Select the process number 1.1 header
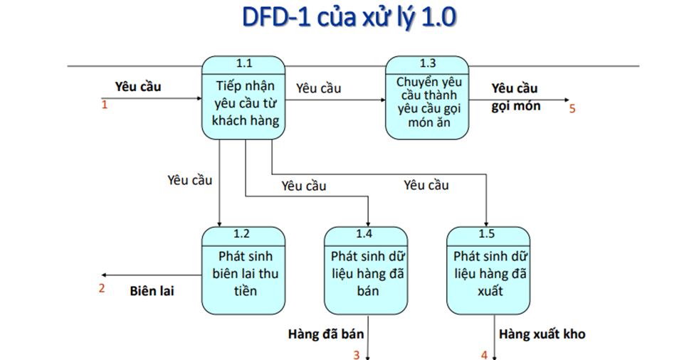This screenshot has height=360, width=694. click(x=243, y=63)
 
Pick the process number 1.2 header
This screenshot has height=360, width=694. click(x=243, y=233)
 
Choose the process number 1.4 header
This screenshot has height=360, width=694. click(x=365, y=233)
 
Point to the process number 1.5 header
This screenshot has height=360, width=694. click(x=488, y=233)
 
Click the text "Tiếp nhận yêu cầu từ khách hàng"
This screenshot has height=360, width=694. click(x=243, y=103)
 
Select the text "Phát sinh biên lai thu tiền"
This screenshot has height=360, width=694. click(x=243, y=273)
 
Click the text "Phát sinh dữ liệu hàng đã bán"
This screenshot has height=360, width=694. click(x=365, y=273)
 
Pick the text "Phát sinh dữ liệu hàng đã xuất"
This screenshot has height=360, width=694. click(x=488, y=273)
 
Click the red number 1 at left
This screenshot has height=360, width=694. click(x=104, y=105)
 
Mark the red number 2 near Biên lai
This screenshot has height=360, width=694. click(x=102, y=288)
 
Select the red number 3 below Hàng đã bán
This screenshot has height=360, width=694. click(x=357, y=354)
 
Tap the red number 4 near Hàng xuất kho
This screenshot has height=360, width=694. click(x=484, y=354)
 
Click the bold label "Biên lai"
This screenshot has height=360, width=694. click(x=152, y=290)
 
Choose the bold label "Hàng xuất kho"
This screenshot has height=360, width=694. click(x=542, y=334)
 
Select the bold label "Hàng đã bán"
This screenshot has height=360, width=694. click(x=326, y=334)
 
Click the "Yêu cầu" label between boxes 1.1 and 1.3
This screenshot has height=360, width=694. click(x=318, y=88)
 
